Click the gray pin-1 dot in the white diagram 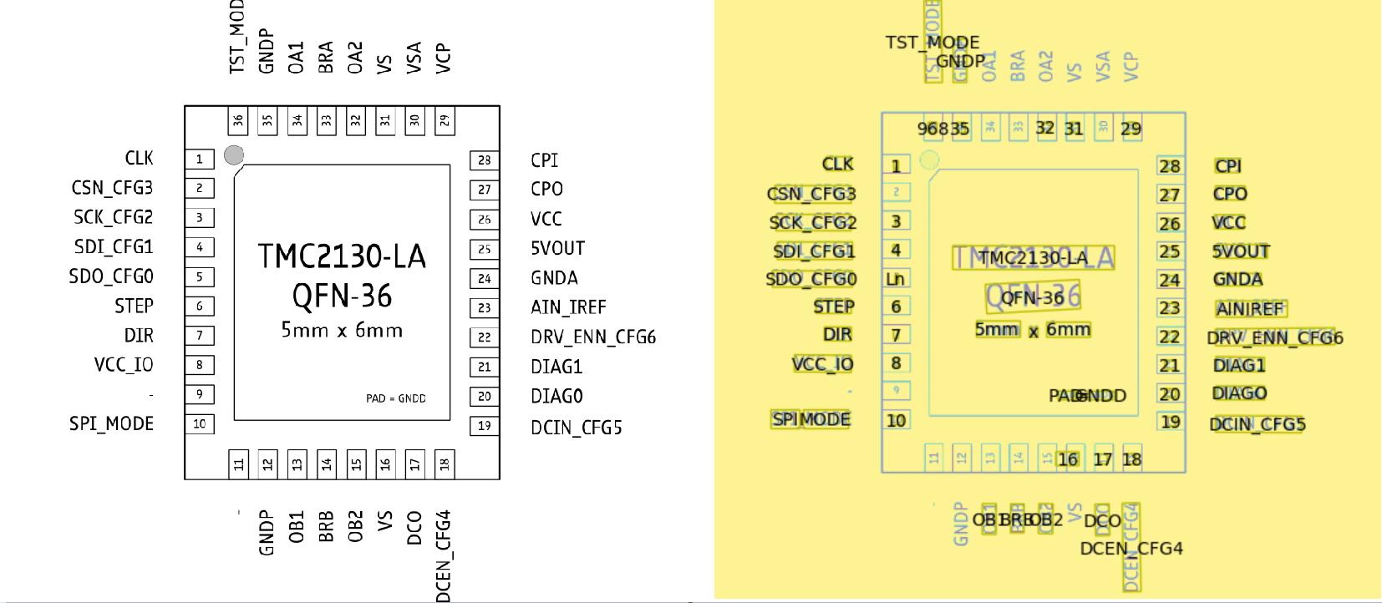coord(234,155)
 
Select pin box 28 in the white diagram coord(485,160)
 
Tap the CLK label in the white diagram coord(139,158)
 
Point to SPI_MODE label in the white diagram coord(111,423)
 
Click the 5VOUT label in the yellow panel coord(1241,251)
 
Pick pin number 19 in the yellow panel coord(1171,422)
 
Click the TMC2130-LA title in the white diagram coord(342,256)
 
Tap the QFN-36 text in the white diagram coord(342,296)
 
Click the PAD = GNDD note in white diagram coord(396,398)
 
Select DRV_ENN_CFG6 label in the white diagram coord(593,337)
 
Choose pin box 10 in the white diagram coord(200,423)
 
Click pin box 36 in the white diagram coord(238,120)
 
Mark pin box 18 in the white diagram coord(445,464)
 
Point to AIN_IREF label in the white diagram coord(568,307)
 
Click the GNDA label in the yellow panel coord(1237,279)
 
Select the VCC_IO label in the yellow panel coord(823,364)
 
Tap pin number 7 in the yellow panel coord(896,335)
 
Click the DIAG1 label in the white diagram coord(556,367)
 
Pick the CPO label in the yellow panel coord(1230,194)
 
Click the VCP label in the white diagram coord(444,58)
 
